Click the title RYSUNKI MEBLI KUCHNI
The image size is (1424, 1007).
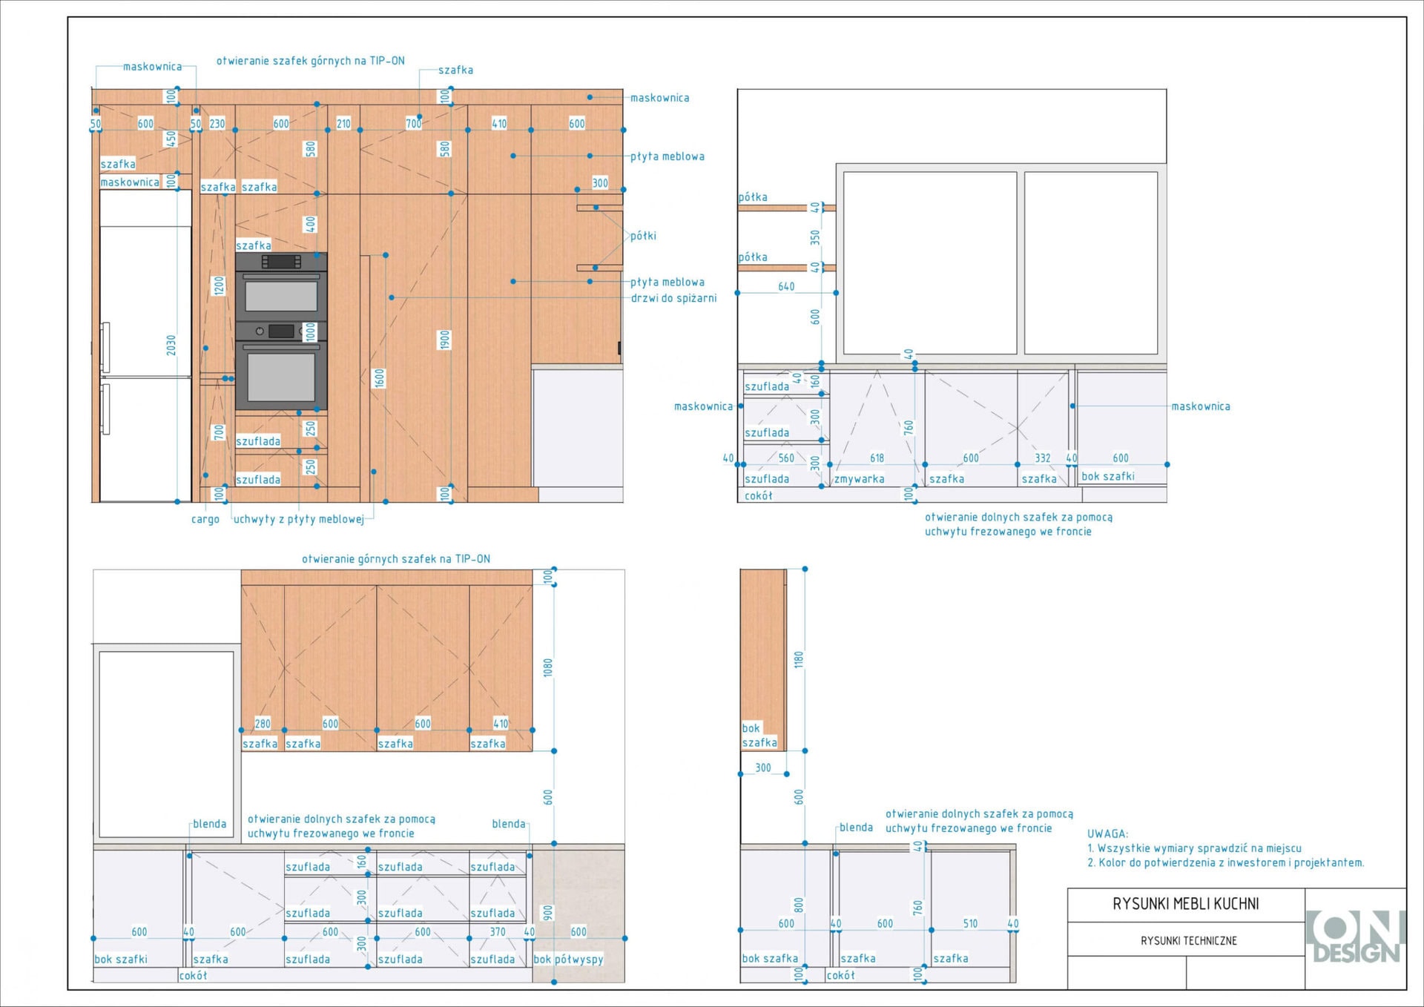tap(1185, 904)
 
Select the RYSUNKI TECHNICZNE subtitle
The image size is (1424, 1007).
tap(1188, 941)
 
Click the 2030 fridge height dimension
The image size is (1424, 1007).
tap(171, 345)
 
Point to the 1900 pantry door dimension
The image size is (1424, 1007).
tap(444, 340)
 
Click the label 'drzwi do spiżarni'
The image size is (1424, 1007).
tap(673, 298)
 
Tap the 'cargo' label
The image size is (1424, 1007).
tap(205, 519)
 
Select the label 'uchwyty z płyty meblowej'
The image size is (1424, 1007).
tap(299, 519)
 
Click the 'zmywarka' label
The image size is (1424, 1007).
tap(859, 479)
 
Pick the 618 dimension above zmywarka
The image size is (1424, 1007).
tap(877, 458)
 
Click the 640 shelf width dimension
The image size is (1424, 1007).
tap(786, 286)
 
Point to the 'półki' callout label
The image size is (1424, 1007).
tap(643, 236)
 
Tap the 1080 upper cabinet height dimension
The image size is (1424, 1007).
tap(548, 667)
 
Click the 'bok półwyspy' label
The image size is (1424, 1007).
tap(568, 959)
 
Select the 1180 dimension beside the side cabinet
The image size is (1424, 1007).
tap(799, 659)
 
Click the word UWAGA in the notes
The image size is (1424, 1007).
tap(1107, 833)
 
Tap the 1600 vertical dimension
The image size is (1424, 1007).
tap(380, 378)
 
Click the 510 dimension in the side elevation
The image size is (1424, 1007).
tap(970, 924)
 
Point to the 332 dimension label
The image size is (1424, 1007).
tap(1043, 458)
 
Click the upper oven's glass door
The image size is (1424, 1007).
tap(281, 297)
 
